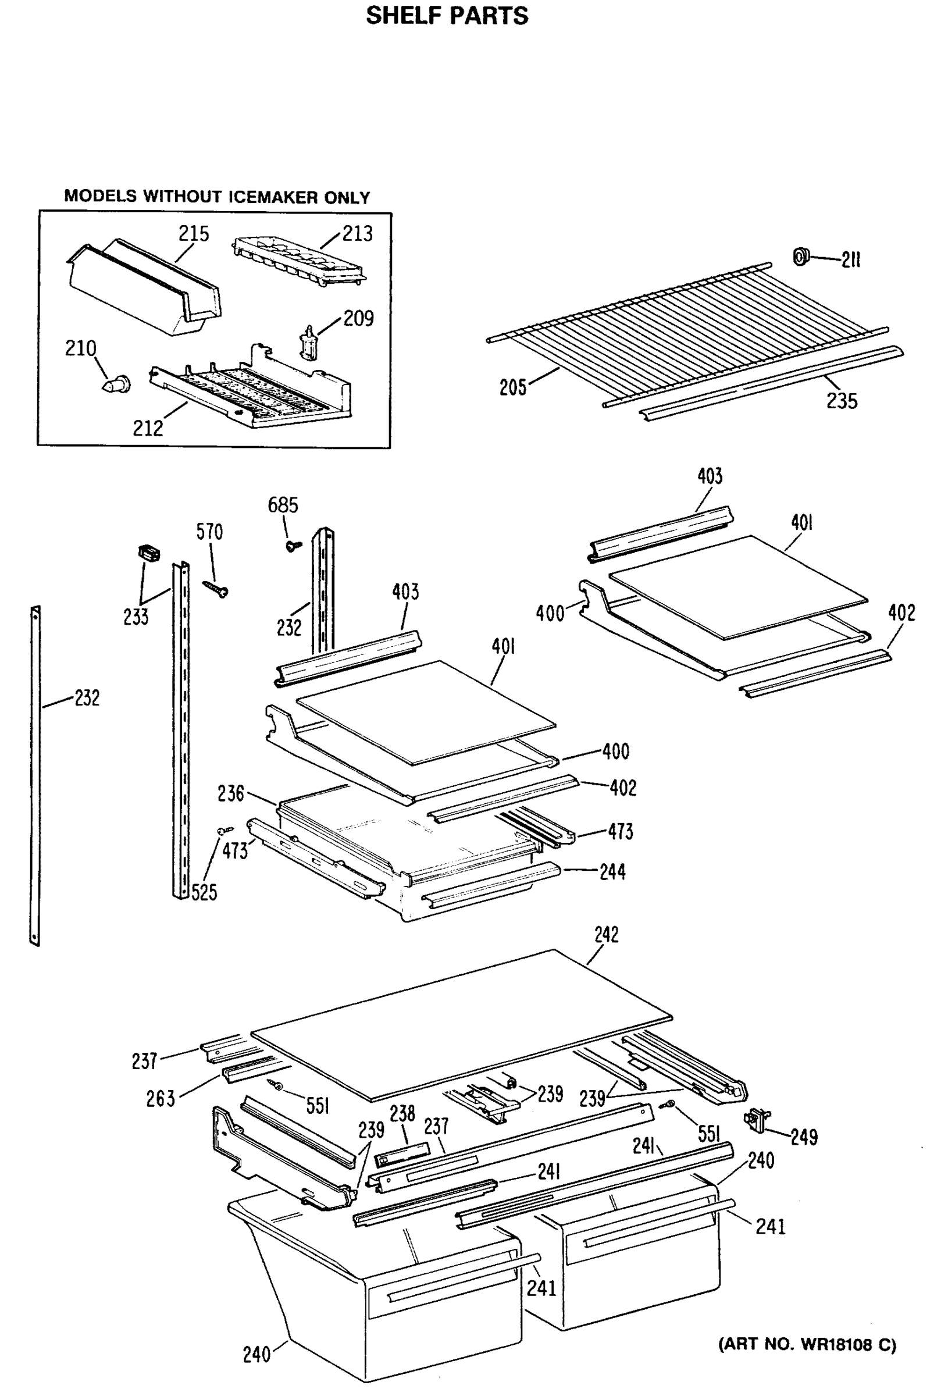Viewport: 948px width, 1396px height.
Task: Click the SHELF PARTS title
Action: point(447,16)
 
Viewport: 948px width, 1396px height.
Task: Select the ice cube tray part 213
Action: point(298,262)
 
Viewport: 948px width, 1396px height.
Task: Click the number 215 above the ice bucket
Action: point(194,234)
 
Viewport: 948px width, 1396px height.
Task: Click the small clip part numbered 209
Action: point(309,343)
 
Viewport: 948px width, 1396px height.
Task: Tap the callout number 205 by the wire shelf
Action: point(512,387)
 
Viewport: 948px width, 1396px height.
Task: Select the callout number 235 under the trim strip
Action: point(841,401)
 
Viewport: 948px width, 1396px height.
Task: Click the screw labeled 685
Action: point(293,546)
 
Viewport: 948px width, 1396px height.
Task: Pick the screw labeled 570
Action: point(216,589)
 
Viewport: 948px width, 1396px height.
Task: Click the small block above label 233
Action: point(149,552)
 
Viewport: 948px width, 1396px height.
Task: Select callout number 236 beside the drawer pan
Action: point(231,793)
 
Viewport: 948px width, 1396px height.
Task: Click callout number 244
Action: point(612,871)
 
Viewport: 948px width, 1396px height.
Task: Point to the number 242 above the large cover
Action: point(605,935)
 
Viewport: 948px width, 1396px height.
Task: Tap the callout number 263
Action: point(161,1099)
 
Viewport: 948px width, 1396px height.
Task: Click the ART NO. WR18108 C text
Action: point(807,1344)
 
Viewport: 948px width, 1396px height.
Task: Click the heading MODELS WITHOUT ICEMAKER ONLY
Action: point(217,197)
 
